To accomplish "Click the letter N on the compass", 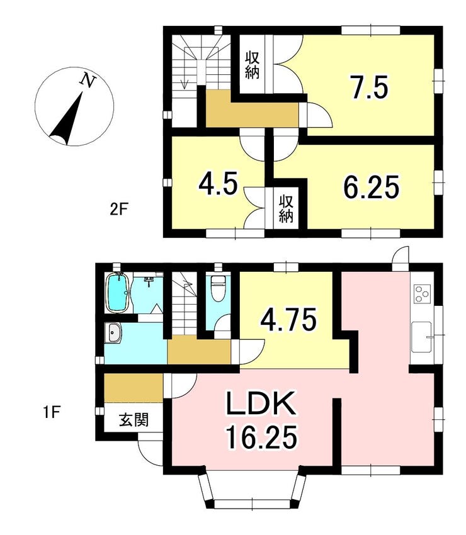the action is coord(88,81).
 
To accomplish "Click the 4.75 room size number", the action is coord(288,320).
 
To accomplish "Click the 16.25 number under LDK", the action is coord(260,438).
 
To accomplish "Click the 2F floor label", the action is coord(118,208).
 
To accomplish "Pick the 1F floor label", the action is coord(52,414).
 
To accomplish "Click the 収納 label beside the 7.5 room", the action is coord(252,65).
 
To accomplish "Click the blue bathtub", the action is coord(118,293).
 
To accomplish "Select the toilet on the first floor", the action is coord(217,288).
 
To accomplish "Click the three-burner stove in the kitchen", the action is coord(423,294).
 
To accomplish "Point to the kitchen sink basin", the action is coord(422,337).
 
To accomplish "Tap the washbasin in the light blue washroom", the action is coord(113,333).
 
